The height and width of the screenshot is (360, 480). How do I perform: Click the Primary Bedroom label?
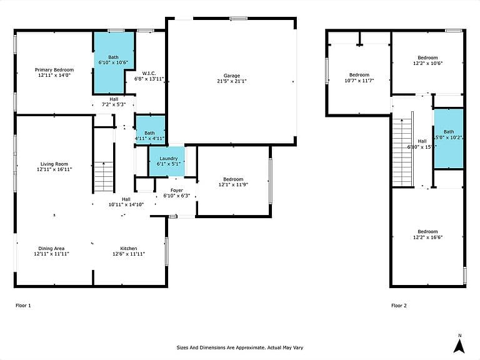(54, 70)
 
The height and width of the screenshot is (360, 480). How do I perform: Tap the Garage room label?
(232, 76)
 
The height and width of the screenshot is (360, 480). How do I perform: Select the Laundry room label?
(168, 158)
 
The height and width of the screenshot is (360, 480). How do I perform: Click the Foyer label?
(177, 190)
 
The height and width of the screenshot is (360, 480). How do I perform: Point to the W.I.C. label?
(149, 73)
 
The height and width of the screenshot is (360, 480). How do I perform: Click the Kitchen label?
(129, 248)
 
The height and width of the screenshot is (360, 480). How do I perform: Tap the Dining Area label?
(51, 248)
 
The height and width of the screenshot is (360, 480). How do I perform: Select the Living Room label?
(54, 164)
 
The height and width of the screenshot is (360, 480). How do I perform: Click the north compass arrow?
(459, 346)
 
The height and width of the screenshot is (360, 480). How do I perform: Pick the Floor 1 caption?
(23, 305)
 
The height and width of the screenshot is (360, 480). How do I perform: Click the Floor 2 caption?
(399, 305)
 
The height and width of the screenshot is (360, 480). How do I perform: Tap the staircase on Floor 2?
(403, 152)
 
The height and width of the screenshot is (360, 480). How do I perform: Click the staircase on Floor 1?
(104, 177)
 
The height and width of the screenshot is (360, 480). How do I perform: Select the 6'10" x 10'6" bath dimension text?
(113, 62)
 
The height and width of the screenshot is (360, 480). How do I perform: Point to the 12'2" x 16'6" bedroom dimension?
(427, 237)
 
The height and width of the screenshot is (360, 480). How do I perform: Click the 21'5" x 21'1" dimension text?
(232, 81)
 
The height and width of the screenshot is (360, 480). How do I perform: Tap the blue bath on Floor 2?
(449, 138)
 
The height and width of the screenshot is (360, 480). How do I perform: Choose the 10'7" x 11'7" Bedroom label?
(359, 75)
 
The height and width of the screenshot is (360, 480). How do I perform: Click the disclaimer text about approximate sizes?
(240, 347)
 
